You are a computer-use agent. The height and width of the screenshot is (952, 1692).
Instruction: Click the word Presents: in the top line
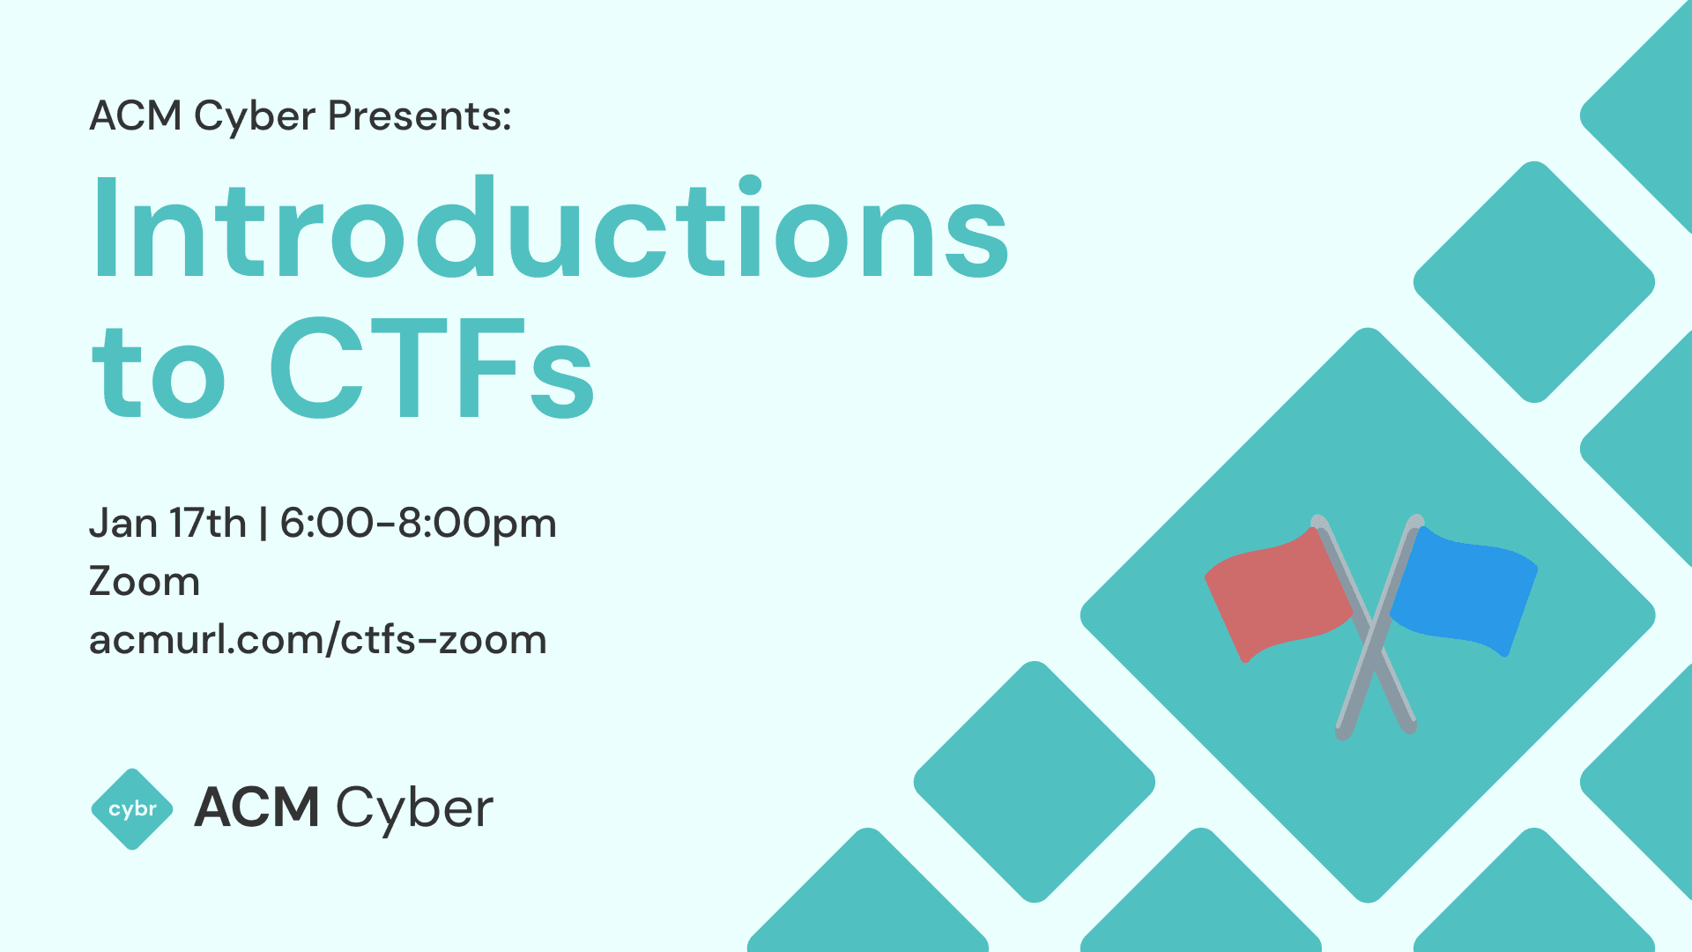pyautogui.click(x=419, y=116)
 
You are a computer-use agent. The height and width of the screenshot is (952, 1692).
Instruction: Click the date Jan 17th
pyautogui.click(x=167, y=524)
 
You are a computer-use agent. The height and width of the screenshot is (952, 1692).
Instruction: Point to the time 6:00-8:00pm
pyautogui.click(x=418, y=524)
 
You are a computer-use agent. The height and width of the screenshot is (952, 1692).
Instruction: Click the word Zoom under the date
pyautogui.click(x=145, y=582)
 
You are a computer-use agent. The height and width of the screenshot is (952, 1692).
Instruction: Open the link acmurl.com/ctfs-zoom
pyautogui.click(x=318, y=640)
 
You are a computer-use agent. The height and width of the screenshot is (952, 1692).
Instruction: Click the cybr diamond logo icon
pyautogui.click(x=132, y=809)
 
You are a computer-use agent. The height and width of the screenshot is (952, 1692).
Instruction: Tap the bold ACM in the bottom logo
pyautogui.click(x=256, y=807)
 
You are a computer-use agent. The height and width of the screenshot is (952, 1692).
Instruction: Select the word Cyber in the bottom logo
pyautogui.click(x=414, y=809)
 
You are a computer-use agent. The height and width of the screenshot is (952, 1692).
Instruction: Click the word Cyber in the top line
pyautogui.click(x=255, y=116)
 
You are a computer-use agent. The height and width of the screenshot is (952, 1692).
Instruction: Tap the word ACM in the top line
pyautogui.click(x=136, y=116)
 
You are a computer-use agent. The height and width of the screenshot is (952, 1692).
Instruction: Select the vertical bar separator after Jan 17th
pyautogui.click(x=263, y=524)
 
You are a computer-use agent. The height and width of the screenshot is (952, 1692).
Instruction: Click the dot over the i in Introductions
pyautogui.click(x=750, y=185)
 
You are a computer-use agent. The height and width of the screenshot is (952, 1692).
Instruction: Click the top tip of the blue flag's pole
pyautogui.click(x=1416, y=520)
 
